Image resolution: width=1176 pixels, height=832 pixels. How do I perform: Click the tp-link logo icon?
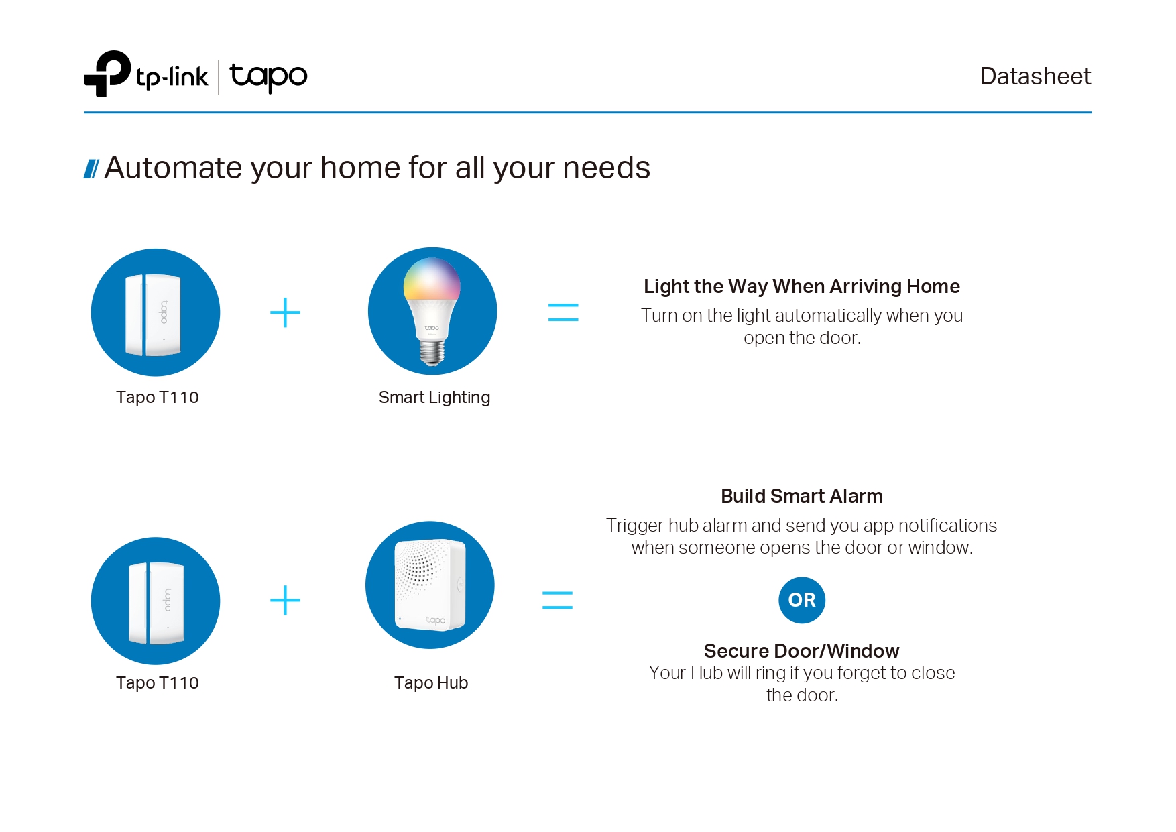pos(107,74)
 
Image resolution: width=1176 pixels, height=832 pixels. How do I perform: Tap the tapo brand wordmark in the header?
pos(268,76)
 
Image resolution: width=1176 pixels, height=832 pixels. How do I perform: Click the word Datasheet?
pos(1035,76)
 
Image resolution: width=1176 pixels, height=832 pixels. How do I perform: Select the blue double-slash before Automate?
pos(91,169)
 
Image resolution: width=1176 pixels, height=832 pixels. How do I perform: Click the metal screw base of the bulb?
pos(432,353)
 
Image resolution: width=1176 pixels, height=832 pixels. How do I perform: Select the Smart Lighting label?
pos(434,398)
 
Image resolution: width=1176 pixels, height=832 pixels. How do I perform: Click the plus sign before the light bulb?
pos(285,312)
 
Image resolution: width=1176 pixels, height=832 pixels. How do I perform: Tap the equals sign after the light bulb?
pos(563,312)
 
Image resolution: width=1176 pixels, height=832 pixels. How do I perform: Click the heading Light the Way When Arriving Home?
pos(802,286)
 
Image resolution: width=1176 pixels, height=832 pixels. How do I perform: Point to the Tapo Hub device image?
pos(430,585)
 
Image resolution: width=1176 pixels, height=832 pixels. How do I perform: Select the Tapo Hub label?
pos(431,683)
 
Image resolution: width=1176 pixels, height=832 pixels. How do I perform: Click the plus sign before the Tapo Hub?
pos(285,600)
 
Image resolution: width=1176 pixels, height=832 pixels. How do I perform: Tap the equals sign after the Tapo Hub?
pos(557,600)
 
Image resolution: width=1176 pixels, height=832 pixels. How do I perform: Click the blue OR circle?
pos(802,600)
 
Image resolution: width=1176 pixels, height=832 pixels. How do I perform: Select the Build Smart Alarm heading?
pos(802,496)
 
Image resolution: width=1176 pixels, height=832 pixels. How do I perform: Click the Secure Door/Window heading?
pos(802,651)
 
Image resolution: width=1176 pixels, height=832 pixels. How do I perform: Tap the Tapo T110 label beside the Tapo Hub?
pos(158,683)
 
